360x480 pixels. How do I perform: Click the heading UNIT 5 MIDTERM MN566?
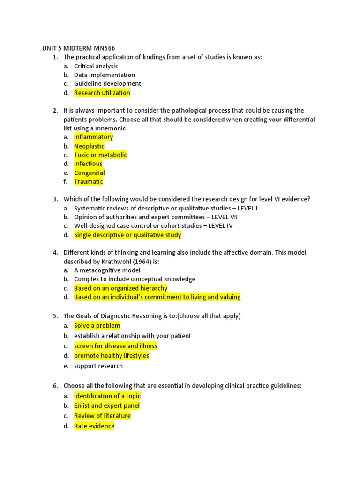coord(75,48)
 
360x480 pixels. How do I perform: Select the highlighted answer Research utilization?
coord(102,93)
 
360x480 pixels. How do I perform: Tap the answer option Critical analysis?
coord(96,66)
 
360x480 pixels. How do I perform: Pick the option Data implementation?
coord(104,75)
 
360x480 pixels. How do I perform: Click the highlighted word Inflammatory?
coord(93,137)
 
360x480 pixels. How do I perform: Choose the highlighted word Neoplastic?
coord(89,146)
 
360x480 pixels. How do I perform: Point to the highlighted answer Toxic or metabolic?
coord(100,155)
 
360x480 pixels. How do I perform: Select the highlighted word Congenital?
coord(89,172)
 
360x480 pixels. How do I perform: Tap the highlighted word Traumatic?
coord(88,181)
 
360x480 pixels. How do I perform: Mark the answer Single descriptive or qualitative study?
coord(127,235)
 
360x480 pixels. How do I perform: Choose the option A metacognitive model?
coord(107,270)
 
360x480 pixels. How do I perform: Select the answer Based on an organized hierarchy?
coord(120,288)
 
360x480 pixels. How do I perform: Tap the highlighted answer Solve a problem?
coord(97,326)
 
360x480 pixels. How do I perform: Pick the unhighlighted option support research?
coord(98,366)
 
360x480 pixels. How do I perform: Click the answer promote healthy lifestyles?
coord(112,356)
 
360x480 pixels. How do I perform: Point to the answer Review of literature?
coord(102,416)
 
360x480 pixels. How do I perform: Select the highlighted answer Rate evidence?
coord(94,426)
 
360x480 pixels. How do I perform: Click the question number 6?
coord(55,386)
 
